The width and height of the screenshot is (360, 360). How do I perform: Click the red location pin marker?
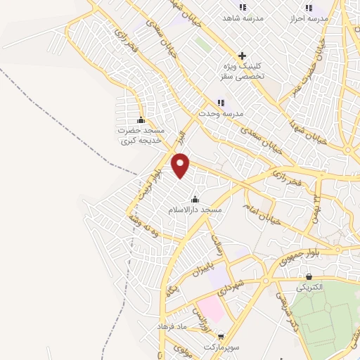[x=181, y=166]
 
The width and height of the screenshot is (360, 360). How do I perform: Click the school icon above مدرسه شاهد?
[x=243, y=7]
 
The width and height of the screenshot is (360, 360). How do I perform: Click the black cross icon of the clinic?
[x=243, y=56]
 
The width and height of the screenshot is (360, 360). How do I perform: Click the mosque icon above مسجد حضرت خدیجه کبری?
[x=141, y=120]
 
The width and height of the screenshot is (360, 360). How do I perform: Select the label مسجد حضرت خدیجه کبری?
[x=141, y=136]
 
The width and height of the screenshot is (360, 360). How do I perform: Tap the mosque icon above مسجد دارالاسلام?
[x=195, y=199]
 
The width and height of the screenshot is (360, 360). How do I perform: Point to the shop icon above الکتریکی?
[x=309, y=277]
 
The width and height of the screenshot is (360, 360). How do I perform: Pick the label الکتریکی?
[x=309, y=288]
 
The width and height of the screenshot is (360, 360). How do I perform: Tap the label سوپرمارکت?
[x=222, y=347]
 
